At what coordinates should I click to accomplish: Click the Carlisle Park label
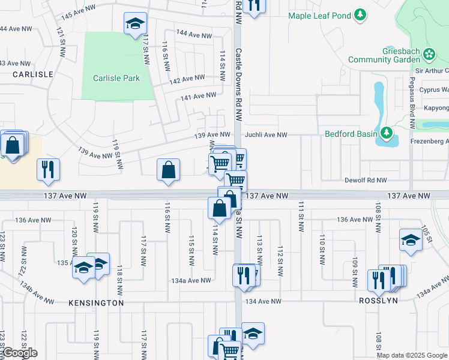pos(116,78)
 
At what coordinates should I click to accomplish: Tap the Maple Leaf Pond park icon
pos(360,15)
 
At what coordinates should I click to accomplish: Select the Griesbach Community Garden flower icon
pos(429,55)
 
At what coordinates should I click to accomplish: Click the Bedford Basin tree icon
pos(387,133)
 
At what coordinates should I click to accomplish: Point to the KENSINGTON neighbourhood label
pos(97,303)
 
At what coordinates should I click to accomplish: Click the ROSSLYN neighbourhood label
pos(378,301)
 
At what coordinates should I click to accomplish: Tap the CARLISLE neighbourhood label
pos(33,74)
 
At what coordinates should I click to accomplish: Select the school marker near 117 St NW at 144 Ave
pos(135,24)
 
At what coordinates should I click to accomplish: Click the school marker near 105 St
pos(411,240)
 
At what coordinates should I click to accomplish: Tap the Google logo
pos(19,353)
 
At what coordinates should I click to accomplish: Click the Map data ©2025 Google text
pos(412,356)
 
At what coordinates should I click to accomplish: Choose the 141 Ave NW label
pos(198,96)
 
